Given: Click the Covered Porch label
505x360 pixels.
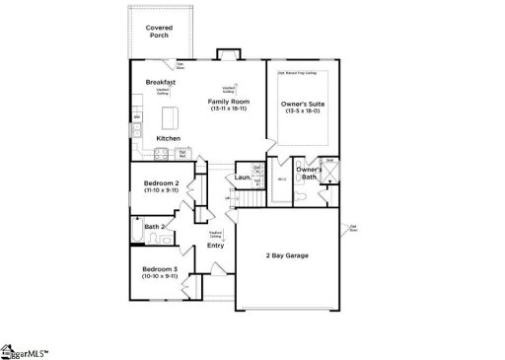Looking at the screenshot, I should point(158,32).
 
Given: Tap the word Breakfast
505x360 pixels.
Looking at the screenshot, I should point(161,82).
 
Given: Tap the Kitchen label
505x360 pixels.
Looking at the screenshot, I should point(168,138).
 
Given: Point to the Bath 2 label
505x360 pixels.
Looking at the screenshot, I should point(153,227).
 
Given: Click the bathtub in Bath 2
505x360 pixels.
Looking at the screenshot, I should point(136,233).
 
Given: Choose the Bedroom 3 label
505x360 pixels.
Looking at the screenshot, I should point(159,268).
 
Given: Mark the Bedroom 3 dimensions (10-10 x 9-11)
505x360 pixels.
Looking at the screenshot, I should point(159,276).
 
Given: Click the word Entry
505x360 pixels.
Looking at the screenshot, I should point(215,246).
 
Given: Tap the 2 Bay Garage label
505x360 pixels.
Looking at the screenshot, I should point(287,255).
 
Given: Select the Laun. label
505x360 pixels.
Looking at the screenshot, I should point(242,178).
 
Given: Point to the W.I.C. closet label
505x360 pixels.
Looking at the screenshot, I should point(281,179).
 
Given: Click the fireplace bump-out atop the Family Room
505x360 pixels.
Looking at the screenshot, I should point(225,55).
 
